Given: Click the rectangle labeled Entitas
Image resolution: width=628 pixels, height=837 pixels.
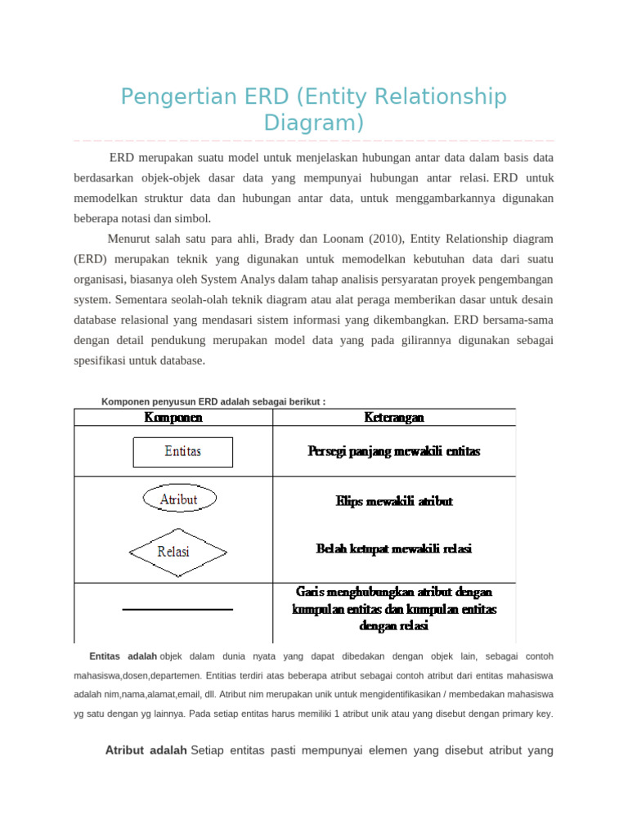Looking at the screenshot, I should click(183, 451).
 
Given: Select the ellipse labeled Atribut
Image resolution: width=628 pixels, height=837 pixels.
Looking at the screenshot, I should click(180, 499).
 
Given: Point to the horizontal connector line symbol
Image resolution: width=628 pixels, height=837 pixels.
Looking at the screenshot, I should click(177, 609).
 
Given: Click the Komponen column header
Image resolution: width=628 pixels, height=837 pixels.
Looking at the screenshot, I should click(173, 418).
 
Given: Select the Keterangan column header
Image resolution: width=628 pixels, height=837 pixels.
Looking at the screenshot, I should click(394, 418).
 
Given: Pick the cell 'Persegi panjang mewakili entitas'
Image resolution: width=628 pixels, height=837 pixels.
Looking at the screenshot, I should click(394, 451).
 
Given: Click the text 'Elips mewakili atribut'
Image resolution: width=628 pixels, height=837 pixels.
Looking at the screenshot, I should click(394, 501).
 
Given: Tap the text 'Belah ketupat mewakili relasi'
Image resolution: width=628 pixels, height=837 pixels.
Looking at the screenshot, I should click(394, 549).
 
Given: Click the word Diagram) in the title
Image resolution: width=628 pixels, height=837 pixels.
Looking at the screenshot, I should click(314, 123).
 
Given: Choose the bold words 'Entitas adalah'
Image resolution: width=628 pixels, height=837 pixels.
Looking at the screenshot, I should click(123, 656).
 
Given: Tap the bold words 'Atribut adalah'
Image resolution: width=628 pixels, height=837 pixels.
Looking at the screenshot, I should click(146, 751).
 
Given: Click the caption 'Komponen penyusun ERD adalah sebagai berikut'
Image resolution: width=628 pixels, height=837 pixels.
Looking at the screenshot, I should click(213, 401).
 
